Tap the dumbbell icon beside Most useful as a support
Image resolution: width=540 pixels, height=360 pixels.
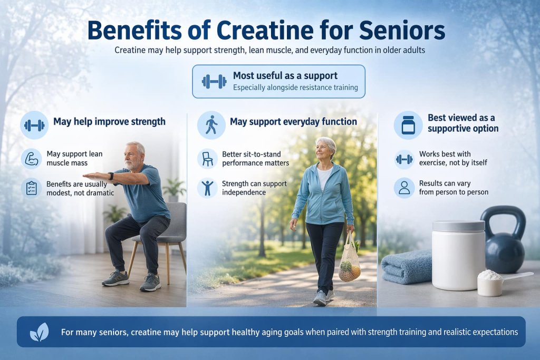(x=214, y=81)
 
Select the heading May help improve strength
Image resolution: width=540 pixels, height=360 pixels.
(x=109, y=122)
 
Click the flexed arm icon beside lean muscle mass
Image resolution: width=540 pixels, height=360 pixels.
(x=32, y=158)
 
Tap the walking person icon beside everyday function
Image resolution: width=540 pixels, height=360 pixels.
(x=211, y=125)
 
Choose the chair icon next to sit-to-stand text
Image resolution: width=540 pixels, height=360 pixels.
(x=208, y=159)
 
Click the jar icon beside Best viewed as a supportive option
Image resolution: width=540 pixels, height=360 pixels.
(x=408, y=125)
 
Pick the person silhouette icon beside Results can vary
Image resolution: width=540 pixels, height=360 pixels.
(x=404, y=188)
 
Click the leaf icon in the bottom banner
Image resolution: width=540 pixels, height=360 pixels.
(x=40, y=332)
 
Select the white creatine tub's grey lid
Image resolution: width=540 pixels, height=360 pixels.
(x=458, y=226)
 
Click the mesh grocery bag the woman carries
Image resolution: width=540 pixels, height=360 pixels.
(x=350, y=261)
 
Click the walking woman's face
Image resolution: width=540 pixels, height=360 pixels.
(x=325, y=151)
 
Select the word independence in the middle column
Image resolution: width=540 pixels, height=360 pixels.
(x=245, y=192)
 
